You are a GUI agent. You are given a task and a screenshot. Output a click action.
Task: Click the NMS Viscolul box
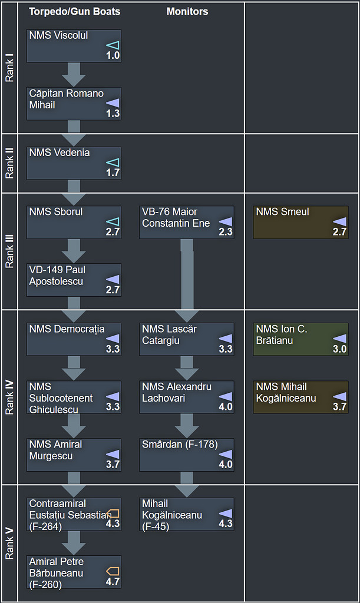(74, 46)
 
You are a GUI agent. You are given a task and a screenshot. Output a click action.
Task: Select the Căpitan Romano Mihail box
(74, 104)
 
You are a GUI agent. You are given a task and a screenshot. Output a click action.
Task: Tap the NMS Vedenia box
(74, 163)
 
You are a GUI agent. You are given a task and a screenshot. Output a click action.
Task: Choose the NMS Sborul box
(74, 222)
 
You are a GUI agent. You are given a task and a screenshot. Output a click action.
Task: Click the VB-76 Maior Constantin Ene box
(187, 222)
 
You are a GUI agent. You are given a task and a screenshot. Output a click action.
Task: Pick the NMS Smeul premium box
(300, 222)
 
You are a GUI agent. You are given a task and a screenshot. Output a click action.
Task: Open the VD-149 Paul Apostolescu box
(74, 280)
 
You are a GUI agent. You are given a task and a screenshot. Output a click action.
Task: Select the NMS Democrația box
(74, 339)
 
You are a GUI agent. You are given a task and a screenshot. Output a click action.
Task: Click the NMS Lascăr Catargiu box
(187, 339)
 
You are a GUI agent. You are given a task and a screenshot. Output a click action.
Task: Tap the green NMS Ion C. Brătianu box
(300, 339)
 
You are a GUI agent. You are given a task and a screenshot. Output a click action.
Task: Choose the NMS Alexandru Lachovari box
(187, 397)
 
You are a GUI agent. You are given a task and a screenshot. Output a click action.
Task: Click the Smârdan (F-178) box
(187, 455)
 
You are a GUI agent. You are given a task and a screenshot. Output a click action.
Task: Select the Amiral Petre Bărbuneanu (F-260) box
(74, 572)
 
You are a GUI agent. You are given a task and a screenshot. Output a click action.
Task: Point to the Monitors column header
(187, 11)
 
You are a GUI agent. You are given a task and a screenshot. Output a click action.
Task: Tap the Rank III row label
(9, 251)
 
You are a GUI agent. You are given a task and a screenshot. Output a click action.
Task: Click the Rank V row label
(9, 543)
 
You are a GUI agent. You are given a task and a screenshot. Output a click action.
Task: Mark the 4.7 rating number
(113, 582)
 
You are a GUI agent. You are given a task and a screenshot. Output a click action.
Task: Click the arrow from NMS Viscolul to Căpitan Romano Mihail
(74, 74)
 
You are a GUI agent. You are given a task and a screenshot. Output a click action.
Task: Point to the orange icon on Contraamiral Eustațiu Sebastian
(113, 513)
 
